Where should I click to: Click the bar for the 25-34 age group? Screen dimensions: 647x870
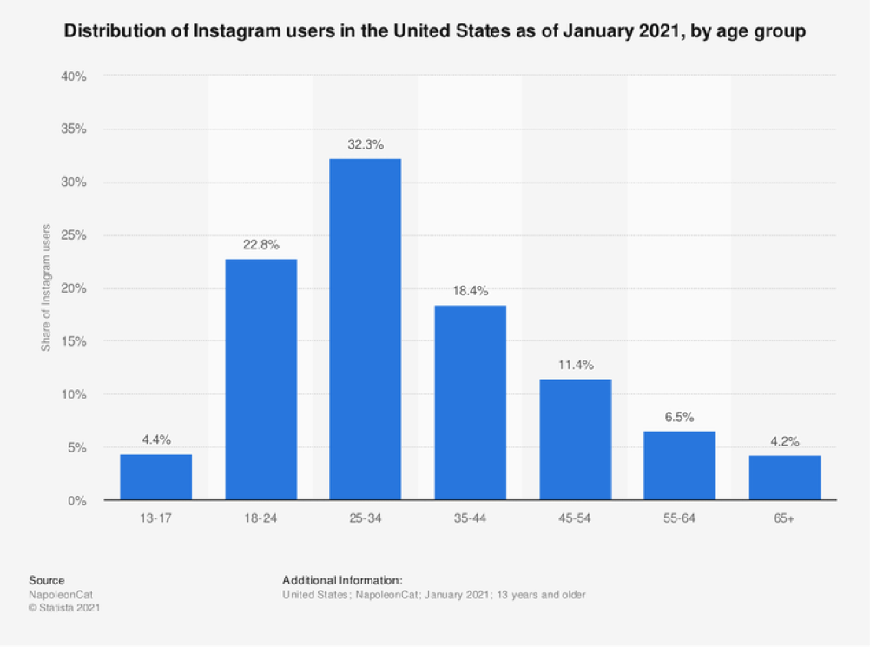365,330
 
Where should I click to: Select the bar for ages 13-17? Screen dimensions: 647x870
155,478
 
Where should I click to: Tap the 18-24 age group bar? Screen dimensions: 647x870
260,380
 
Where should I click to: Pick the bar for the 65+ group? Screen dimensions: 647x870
784,479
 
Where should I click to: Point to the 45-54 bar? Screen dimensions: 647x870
575,439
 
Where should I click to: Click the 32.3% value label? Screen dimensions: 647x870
365,143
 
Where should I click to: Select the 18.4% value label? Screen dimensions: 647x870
470,291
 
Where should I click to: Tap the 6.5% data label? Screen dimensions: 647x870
679,417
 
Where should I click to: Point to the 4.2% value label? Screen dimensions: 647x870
784,440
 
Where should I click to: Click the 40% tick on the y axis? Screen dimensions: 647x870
74,76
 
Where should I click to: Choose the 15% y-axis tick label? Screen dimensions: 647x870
74,341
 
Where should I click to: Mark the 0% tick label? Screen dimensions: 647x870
77,501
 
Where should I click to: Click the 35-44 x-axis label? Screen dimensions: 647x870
470,518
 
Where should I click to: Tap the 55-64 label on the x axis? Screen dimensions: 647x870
679,518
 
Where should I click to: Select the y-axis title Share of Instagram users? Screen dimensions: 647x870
46,287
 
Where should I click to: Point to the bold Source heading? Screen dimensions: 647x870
46,580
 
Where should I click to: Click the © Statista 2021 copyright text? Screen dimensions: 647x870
65,608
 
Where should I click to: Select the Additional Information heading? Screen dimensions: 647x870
342,580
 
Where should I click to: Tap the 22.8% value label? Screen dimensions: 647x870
260,244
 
